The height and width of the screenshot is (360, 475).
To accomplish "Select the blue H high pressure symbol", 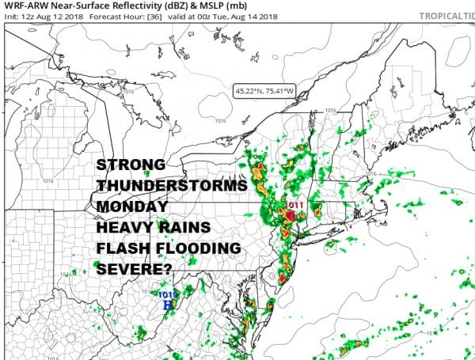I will [167, 304].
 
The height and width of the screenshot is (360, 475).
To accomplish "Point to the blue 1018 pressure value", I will [169, 294].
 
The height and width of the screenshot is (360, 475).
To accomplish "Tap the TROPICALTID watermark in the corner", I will [443, 16].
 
